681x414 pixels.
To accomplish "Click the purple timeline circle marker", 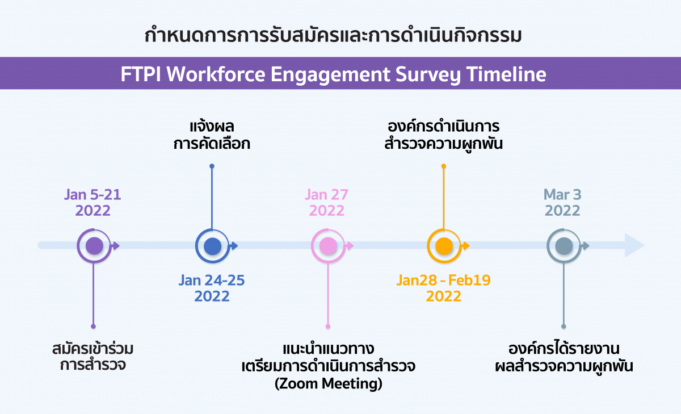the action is (94, 246).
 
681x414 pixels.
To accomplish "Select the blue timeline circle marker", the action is (212, 246).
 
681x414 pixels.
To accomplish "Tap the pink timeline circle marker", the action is (328, 246).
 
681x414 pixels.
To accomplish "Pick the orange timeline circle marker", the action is (444, 246).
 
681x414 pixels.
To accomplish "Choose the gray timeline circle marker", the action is (564, 246).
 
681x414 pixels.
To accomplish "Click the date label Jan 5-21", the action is (93, 195).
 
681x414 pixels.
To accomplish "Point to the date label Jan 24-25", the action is (212, 280).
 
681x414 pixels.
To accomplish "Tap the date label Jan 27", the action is (326, 195).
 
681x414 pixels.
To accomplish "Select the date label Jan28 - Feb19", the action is (444, 280).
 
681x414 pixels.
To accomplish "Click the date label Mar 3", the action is (562, 195).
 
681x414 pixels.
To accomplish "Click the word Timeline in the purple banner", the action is (506, 74).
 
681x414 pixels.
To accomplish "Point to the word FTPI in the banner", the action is (141, 74).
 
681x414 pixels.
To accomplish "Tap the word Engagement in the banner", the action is (330, 75).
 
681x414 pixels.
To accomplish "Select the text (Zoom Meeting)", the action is (329, 383).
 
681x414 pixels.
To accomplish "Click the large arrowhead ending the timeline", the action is (634, 245).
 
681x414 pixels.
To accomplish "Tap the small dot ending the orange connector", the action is (444, 166).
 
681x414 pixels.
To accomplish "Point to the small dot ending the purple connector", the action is (93, 327).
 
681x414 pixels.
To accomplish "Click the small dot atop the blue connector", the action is (212, 166).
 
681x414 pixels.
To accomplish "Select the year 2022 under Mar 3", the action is (562, 211).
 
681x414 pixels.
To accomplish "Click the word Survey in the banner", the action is (428, 75).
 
